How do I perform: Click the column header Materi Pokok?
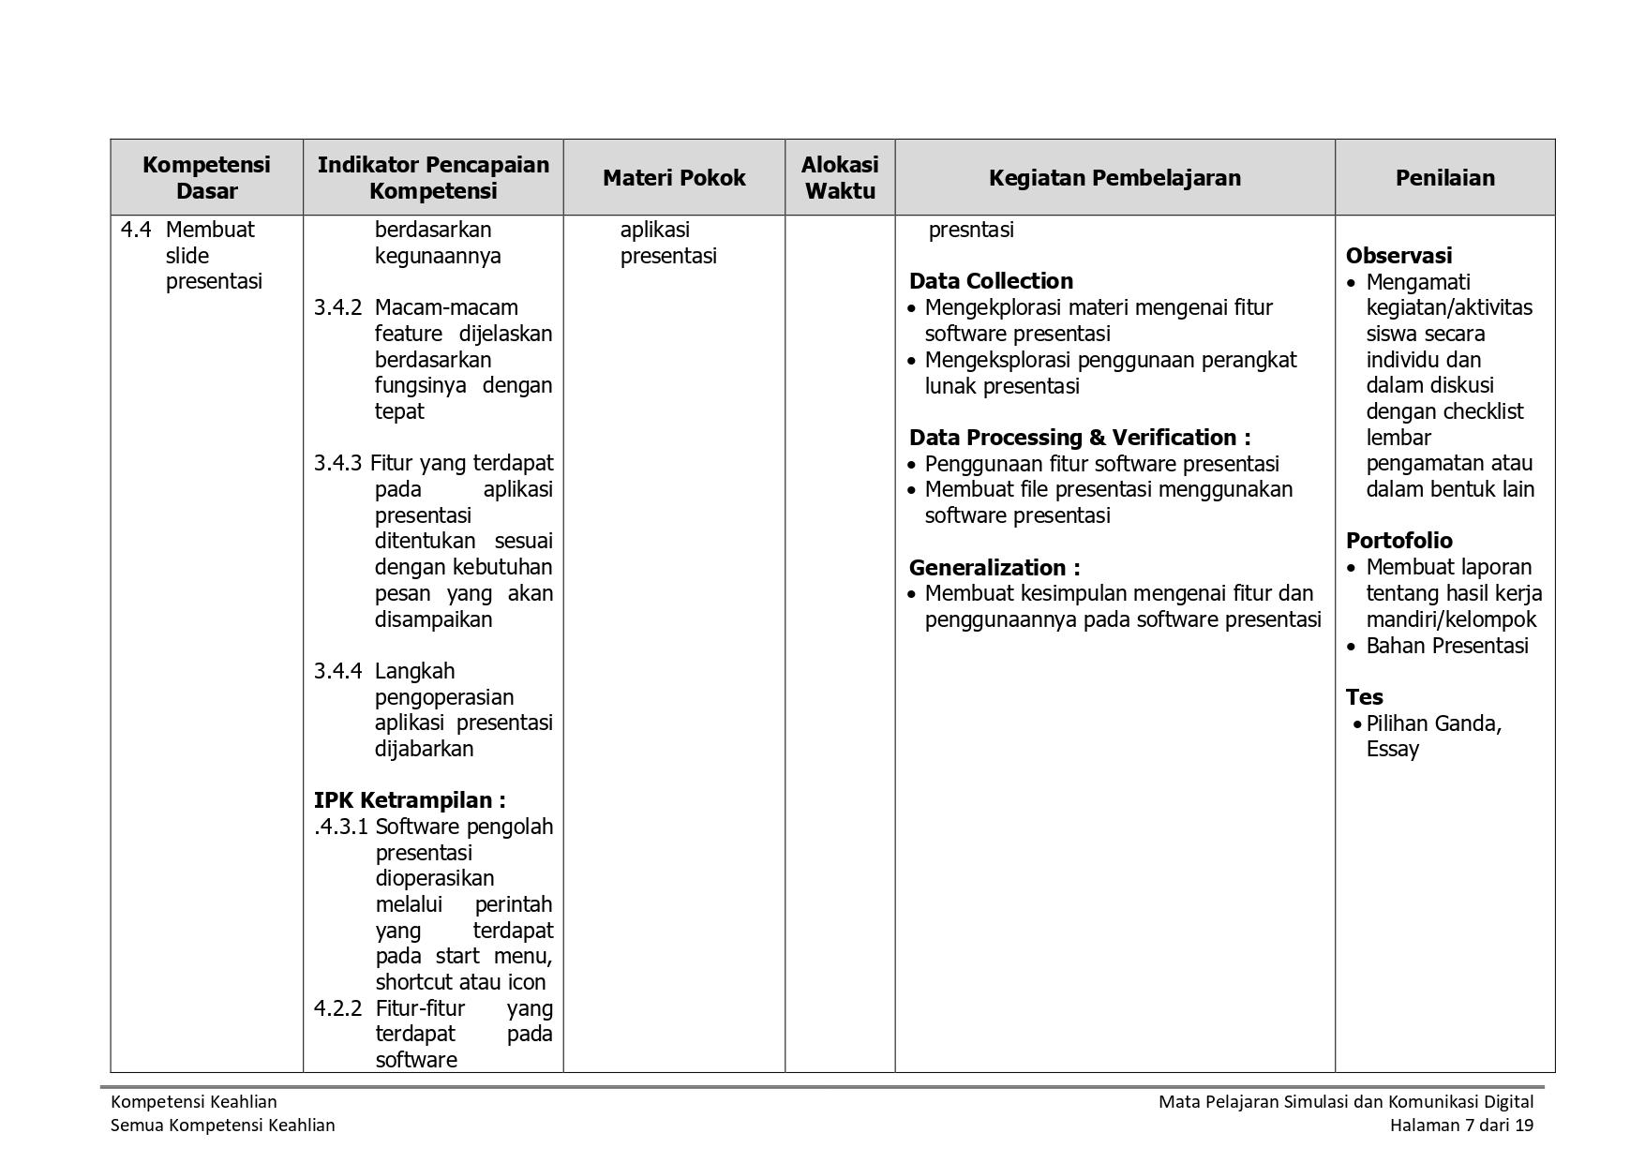click(674, 178)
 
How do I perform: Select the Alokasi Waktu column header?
click(840, 178)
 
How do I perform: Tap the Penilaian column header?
click(1444, 178)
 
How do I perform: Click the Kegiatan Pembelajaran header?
click(1114, 178)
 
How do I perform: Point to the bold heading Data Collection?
click(991, 281)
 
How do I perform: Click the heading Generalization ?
click(994, 568)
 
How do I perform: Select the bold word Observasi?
click(1398, 256)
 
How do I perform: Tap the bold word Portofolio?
click(1398, 541)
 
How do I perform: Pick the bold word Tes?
click(1364, 697)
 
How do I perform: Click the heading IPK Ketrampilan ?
click(410, 800)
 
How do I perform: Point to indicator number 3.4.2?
click(337, 307)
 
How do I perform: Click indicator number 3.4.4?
click(337, 671)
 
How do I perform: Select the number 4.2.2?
click(337, 1008)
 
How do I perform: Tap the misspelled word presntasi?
click(970, 231)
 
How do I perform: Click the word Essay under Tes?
click(1392, 749)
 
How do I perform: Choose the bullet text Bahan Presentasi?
click(1446, 646)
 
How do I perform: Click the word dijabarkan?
click(424, 749)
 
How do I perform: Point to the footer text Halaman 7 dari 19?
click(1461, 1126)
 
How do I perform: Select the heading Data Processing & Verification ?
click(1079, 438)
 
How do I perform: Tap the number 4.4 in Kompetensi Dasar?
click(136, 231)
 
